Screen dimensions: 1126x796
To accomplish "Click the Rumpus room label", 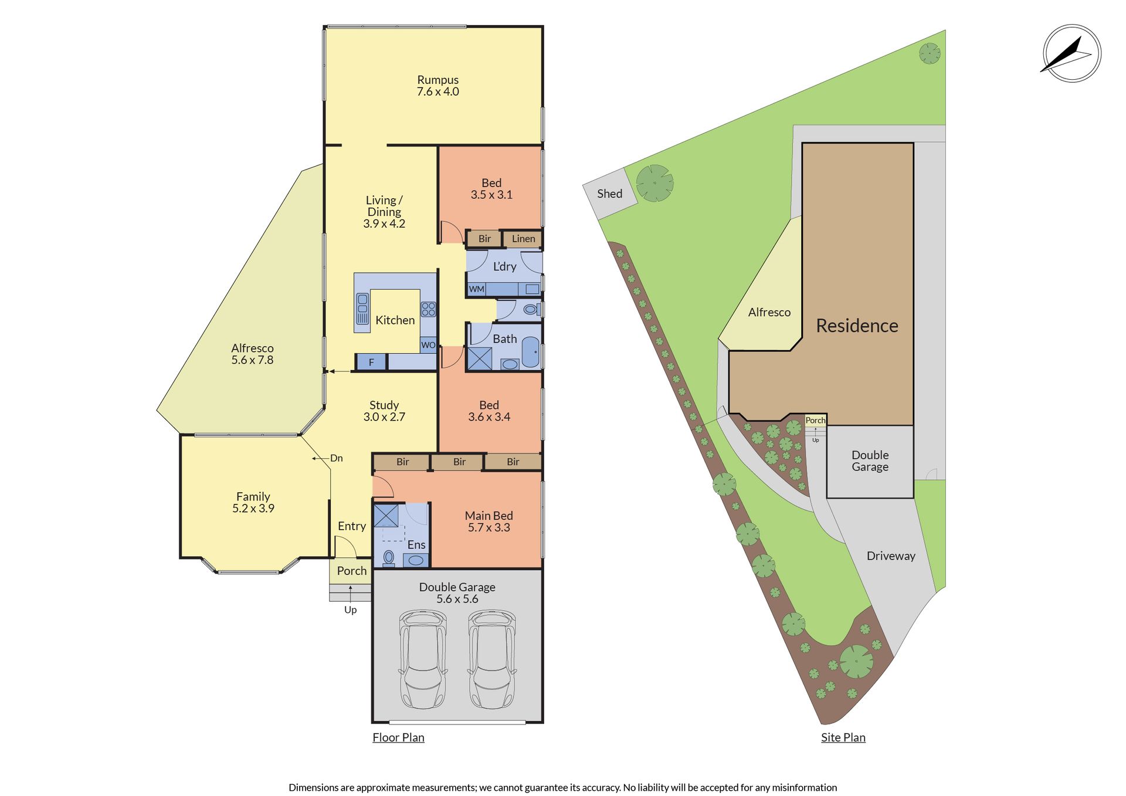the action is coord(437,80).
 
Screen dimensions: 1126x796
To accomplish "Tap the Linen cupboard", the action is coord(523,239).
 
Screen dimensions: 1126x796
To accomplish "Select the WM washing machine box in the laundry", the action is coord(477,289).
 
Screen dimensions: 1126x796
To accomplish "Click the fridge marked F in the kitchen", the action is coord(371,362).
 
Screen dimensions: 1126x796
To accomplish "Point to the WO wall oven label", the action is coord(428,345).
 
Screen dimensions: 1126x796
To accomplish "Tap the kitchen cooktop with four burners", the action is coord(428,309).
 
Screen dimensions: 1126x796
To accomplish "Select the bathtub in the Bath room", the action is coord(531,352).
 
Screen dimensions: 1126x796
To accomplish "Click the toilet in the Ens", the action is coord(388,557).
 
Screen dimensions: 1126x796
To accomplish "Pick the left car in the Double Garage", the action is coord(423,659).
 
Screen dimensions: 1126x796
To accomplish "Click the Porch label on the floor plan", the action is coord(351,571).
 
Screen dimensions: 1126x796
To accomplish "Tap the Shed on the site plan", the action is coord(610,194).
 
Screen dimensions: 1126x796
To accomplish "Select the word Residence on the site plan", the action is coord(857,326).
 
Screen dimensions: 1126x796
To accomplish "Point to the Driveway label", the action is coord(891,556).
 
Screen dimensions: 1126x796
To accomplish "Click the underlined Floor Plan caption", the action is coord(398,737).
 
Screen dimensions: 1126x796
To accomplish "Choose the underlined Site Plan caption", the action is coord(843,737).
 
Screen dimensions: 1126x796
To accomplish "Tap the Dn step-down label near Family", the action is coord(336,458).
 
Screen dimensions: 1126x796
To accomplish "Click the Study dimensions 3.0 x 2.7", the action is coord(384,417).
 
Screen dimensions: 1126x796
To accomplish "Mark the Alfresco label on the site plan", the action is coord(769,313).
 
